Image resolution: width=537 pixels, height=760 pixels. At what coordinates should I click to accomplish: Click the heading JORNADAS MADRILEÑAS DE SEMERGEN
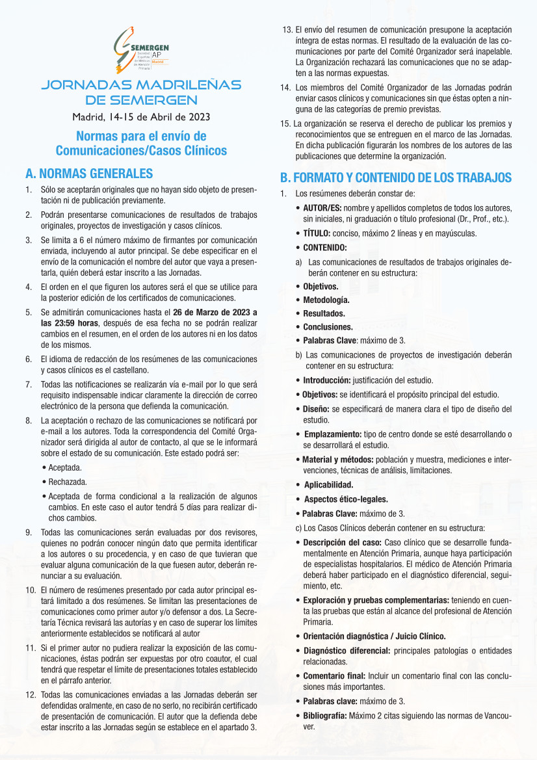click(x=141, y=92)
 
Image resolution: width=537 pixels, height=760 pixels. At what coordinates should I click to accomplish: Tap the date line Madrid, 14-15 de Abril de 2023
click(x=141, y=118)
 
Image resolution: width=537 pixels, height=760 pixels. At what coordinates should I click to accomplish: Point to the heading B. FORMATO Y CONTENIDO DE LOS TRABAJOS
click(x=396, y=177)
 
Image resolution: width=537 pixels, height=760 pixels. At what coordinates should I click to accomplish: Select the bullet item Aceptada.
click(x=65, y=467)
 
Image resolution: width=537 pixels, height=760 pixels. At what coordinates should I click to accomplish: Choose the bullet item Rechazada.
click(x=68, y=482)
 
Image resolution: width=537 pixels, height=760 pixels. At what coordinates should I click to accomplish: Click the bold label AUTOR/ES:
click(x=325, y=207)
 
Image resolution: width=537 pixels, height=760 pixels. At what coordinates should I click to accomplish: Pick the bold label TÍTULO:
click(x=317, y=233)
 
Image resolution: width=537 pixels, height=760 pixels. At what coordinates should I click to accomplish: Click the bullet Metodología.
click(x=326, y=300)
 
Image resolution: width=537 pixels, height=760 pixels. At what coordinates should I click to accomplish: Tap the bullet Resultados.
click(x=324, y=313)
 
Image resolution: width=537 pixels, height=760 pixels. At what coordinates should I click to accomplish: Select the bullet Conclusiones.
click(x=328, y=327)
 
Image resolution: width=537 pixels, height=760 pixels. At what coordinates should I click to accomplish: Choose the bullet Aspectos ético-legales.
click(x=346, y=499)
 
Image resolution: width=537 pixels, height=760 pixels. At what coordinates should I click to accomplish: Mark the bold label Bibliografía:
click(x=330, y=715)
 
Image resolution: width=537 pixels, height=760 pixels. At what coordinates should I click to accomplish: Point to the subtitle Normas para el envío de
click(x=141, y=137)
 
